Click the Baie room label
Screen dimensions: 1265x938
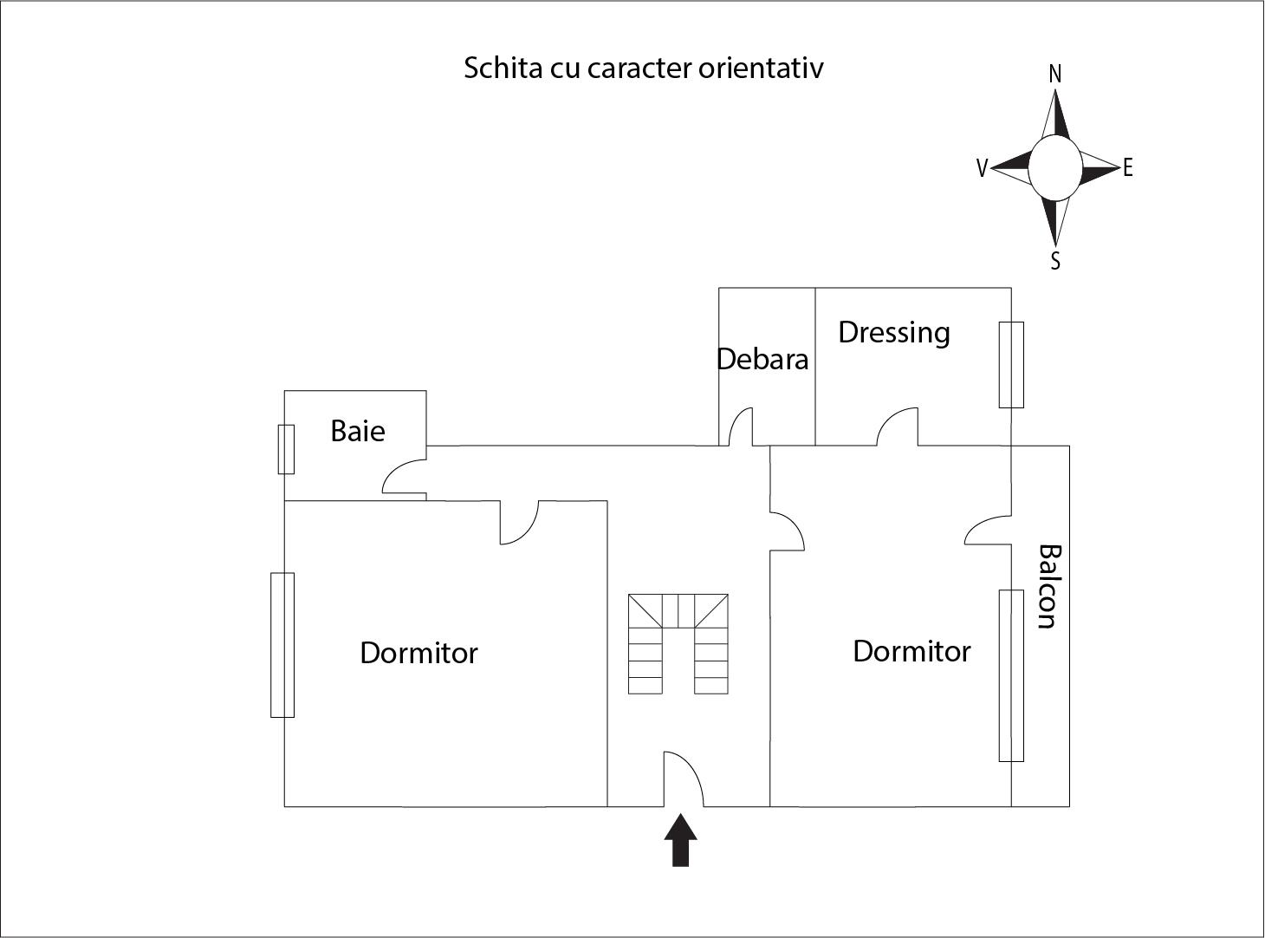(x=358, y=431)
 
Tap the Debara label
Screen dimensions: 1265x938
(x=762, y=359)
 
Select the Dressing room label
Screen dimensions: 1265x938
(x=893, y=333)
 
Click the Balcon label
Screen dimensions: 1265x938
(x=1049, y=586)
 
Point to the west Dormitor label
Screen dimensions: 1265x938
(x=418, y=653)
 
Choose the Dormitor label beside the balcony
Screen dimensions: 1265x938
(x=911, y=651)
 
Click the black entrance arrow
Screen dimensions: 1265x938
(x=680, y=840)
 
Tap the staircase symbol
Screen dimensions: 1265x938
(x=678, y=644)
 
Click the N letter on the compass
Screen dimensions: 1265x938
(x=1055, y=75)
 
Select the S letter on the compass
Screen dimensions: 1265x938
(x=1055, y=261)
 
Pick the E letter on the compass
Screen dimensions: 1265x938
(x=1127, y=168)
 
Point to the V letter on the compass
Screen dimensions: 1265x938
(x=982, y=168)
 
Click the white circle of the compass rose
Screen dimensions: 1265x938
(x=1055, y=168)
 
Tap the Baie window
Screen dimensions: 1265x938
(x=286, y=449)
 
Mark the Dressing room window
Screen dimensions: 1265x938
(x=1011, y=365)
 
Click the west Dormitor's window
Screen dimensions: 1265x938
(x=282, y=645)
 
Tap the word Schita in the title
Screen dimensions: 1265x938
(x=502, y=68)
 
